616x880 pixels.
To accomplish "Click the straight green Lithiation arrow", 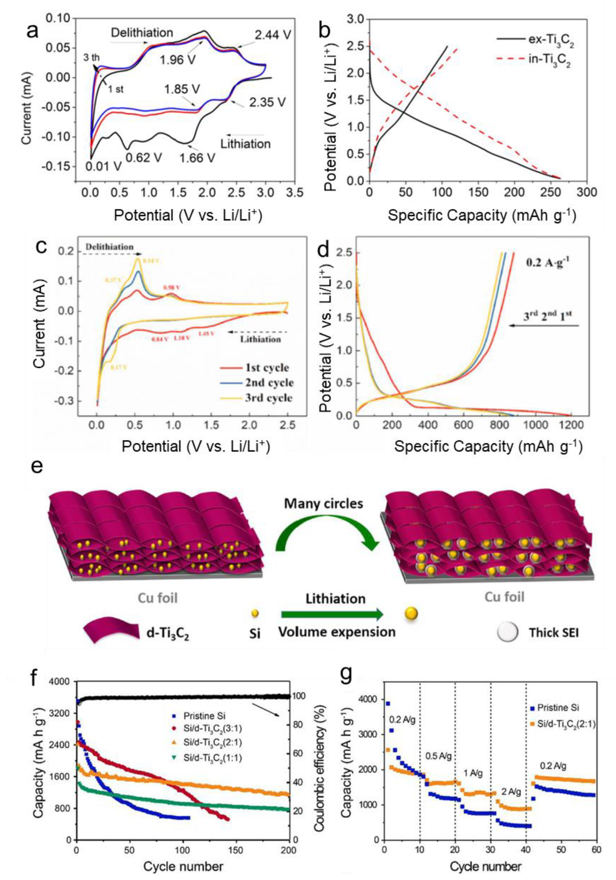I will (x=332, y=615).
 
